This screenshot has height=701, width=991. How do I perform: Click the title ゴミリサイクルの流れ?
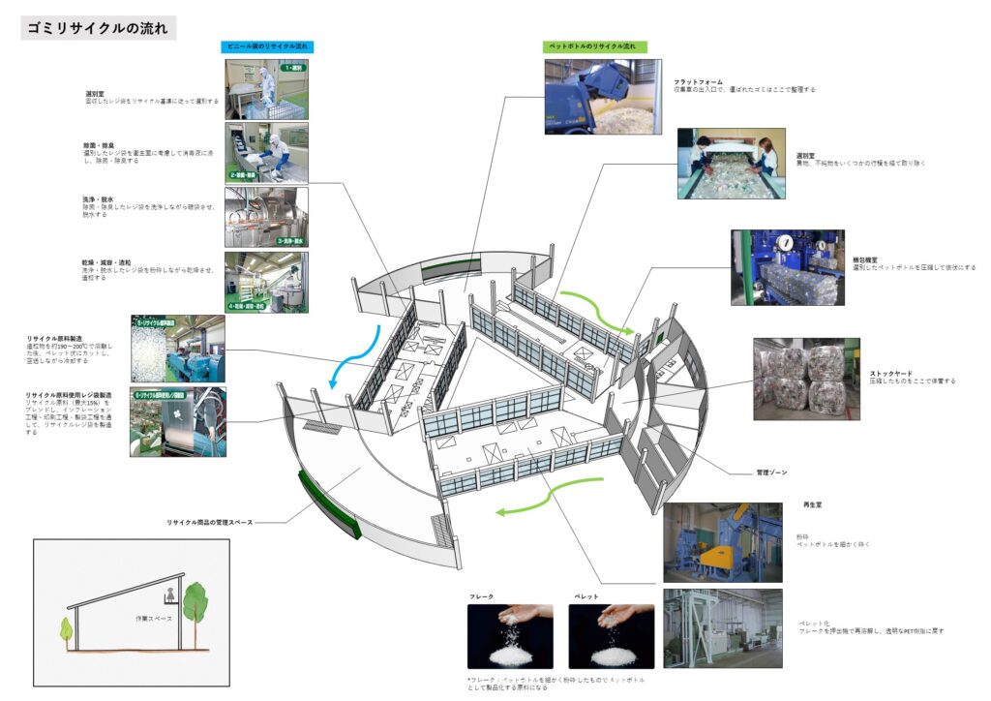[x=99, y=28]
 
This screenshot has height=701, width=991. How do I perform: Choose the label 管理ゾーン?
[x=771, y=472]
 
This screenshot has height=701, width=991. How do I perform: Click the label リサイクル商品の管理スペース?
[x=209, y=523]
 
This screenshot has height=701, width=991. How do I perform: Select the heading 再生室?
[x=812, y=504]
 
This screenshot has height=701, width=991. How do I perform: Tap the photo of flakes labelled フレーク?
[x=510, y=636]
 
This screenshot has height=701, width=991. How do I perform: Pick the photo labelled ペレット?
[x=611, y=636]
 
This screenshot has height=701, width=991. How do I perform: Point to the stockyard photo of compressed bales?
[x=806, y=379]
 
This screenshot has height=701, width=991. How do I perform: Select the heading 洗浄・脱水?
[x=99, y=199]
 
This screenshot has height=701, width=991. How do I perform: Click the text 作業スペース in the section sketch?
[x=153, y=616]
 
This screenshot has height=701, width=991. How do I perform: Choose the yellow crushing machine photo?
[x=722, y=542]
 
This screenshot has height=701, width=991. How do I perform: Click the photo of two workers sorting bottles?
[x=731, y=164]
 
